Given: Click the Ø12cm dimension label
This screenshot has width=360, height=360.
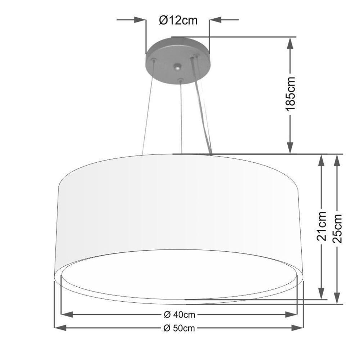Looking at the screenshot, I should (178, 21).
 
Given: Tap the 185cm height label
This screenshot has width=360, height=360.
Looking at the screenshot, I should (291, 94).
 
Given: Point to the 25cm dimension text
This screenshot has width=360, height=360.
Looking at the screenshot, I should (337, 228).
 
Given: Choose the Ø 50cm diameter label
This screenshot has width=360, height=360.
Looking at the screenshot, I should (179, 328).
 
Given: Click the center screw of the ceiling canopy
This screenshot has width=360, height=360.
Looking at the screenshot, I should (177, 67).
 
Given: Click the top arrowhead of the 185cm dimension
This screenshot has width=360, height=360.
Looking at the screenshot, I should (291, 43).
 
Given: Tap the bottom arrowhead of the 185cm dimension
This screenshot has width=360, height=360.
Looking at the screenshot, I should (291, 148).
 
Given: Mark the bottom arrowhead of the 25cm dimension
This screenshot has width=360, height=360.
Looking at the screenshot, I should (337, 298).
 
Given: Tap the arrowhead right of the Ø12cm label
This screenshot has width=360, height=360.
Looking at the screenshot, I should (215, 20).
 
